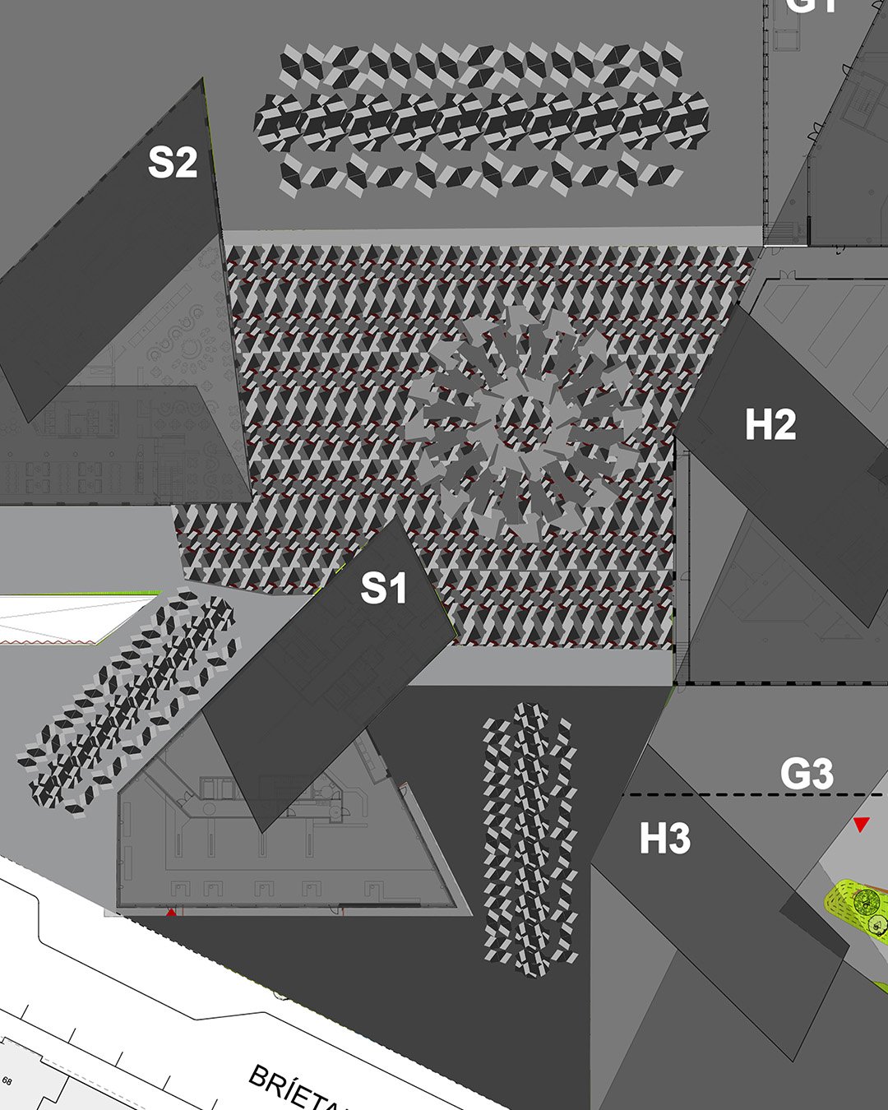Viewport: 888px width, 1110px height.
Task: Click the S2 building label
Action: [x=173, y=162]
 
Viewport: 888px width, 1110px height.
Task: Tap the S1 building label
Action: [x=384, y=589]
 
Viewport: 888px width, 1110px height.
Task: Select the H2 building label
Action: [x=770, y=425]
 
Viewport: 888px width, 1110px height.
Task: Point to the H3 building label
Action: [x=665, y=839]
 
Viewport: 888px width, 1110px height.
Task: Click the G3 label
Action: [x=806, y=775]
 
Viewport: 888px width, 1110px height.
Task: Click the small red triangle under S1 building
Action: [x=171, y=912]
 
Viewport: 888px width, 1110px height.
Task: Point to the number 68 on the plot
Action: [x=7, y=1081]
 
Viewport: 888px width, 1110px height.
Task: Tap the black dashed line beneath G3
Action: [x=740, y=795]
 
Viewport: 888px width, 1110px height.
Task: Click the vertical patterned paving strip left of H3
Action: [x=529, y=839]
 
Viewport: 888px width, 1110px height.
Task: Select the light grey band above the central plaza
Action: [x=493, y=237]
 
